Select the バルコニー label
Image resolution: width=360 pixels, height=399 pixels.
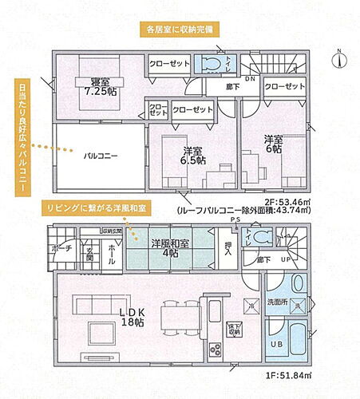click(x=101, y=156)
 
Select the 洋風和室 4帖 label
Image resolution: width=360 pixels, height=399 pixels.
click(x=169, y=248)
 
